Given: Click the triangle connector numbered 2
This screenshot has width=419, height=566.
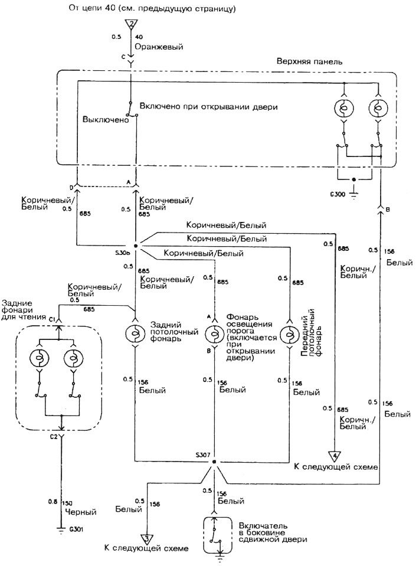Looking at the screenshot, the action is pos(132,24).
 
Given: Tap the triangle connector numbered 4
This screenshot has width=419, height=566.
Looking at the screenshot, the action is pos(335,456).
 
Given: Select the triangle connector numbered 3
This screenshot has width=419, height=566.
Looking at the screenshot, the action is pos(147,539).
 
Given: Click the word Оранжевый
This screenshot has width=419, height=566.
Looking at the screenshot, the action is pos(159,47).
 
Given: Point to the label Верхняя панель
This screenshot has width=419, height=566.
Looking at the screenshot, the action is pos(309,61).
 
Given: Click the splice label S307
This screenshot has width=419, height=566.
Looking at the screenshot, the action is pos(202,455).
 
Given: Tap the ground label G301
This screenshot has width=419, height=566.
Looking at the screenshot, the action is pos(76,530).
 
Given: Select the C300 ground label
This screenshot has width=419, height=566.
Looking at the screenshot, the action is pos(338,194).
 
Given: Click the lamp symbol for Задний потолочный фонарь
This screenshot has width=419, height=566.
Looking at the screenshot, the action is pos(135,333).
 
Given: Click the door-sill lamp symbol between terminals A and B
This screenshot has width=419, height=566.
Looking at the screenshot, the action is pos(215,333).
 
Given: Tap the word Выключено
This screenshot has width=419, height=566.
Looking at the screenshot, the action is pos(106,119).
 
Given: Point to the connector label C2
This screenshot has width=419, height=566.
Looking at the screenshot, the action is pos(54,437).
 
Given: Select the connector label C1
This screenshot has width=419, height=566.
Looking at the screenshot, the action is pos(52,320).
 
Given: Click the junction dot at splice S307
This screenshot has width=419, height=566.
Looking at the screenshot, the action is pos(214,462).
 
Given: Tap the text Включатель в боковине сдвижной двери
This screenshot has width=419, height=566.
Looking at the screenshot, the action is pos(273,532).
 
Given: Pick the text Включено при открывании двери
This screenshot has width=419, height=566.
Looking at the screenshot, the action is pos(208,107).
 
